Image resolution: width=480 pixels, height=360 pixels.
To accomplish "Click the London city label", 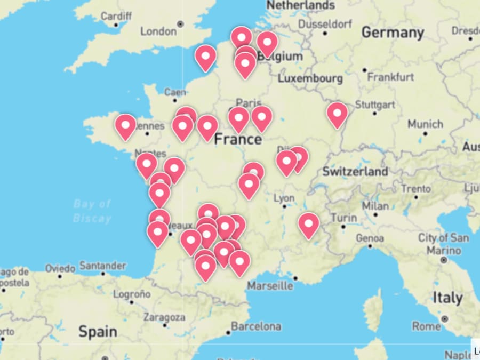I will [158, 31].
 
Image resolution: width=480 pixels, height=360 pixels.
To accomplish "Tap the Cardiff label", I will [116, 16].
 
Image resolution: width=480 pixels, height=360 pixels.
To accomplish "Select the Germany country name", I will [393, 33].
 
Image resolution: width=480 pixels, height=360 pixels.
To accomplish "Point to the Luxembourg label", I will [310, 78].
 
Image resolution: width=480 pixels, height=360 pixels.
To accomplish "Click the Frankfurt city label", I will [390, 77].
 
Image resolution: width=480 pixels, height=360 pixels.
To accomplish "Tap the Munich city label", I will [425, 124].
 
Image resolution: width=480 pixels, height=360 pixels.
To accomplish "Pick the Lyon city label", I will [284, 198].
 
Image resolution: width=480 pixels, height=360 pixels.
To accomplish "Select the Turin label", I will [344, 218].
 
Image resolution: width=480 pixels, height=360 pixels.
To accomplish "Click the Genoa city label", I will [369, 238].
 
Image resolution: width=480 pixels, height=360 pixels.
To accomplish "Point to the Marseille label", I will [270, 286].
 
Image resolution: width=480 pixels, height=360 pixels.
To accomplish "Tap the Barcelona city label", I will [256, 326].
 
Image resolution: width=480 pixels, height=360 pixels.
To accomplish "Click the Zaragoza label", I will [164, 317].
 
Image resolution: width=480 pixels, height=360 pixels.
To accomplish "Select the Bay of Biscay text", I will [92, 211].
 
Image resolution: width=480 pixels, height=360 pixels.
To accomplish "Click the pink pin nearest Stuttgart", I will [337, 114].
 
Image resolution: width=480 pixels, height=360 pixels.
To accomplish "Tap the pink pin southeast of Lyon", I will [309, 224].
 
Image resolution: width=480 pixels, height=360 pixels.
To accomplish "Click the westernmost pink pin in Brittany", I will [125, 126].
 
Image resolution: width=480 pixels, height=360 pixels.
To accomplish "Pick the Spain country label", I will [98, 331].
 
